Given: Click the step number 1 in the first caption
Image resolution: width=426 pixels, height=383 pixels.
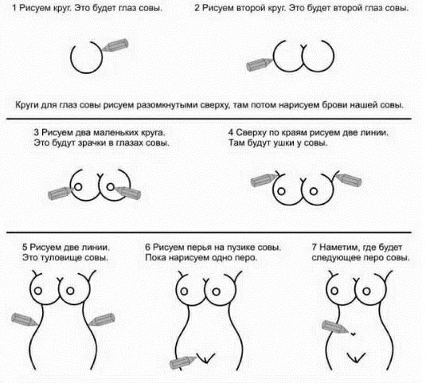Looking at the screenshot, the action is (x=14, y=8).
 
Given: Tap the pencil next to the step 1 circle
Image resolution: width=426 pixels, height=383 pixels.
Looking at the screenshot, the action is (x=115, y=45).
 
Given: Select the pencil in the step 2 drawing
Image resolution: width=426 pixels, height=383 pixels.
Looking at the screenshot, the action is (x=260, y=64).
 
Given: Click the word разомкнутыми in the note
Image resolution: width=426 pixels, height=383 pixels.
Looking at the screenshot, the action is (x=166, y=105).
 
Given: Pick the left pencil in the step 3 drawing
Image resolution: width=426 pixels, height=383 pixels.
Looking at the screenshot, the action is (x=60, y=193).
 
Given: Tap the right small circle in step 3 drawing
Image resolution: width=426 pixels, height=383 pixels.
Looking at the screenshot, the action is (x=111, y=187).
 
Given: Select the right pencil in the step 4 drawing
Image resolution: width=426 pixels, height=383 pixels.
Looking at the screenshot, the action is (x=349, y=180).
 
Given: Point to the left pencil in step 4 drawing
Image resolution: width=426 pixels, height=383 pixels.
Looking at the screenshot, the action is (x=264, y=181).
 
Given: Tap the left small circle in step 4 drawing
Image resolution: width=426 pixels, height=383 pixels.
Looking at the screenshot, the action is (x=281, y=191).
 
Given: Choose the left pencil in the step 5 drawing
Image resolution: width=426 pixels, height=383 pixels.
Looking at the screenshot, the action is (x=25, y=319).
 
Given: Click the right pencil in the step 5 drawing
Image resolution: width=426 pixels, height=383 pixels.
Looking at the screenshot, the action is (x=102, y=319).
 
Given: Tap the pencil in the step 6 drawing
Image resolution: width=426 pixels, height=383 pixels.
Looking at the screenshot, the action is (x=182, y=362).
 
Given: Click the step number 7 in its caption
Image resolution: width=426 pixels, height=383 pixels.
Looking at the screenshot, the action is (x=315, y=248).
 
